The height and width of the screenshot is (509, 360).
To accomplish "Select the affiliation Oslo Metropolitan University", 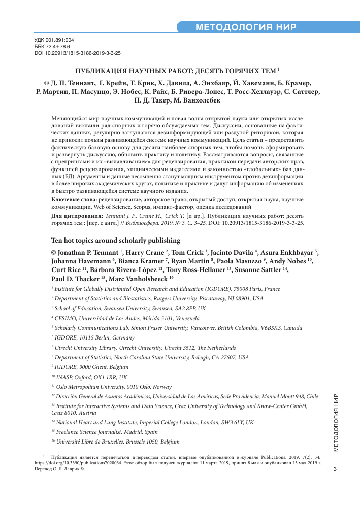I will [x=114, y=386].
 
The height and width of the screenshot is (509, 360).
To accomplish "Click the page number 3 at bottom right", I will [x=334, y=469].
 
